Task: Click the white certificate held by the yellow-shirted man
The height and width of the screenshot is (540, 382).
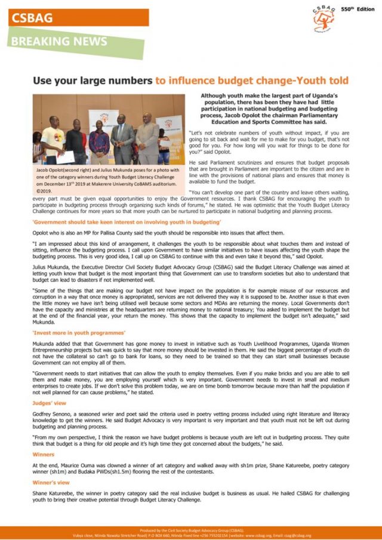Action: coord(64,157)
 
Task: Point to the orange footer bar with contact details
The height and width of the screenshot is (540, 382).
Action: coord(191,533)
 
